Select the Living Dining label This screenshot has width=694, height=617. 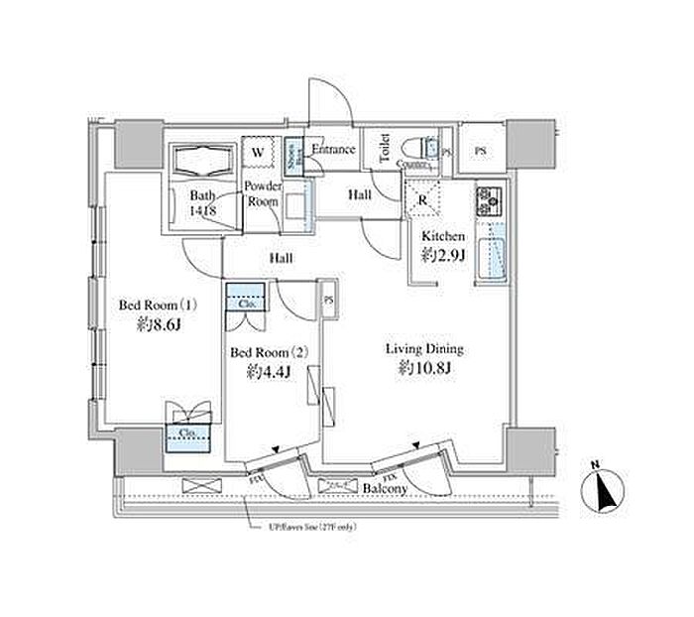coord(424,349)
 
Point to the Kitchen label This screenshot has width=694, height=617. coord(443,236)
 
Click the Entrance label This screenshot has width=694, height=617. coord(333,150)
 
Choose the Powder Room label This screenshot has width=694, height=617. coord(264,192)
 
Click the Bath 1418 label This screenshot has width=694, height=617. coord(202,202)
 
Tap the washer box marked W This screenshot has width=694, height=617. coord(257,153)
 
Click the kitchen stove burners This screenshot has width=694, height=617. coord(490,202)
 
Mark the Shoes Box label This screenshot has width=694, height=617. coord(292,154)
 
